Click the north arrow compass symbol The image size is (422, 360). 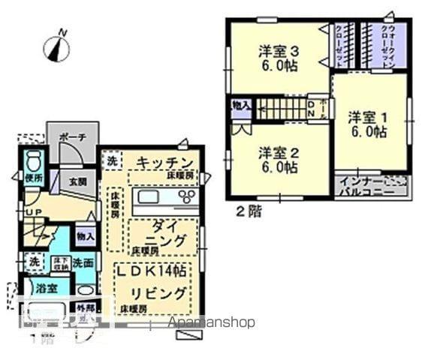tap(56, 47)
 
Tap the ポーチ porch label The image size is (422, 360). tap(72, 138)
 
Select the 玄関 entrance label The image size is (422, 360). tap(78, 181)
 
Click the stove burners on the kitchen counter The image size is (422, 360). tap(186, 199)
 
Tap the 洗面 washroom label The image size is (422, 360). tap(83, 262)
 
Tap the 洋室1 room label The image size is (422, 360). tap(367, 124)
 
